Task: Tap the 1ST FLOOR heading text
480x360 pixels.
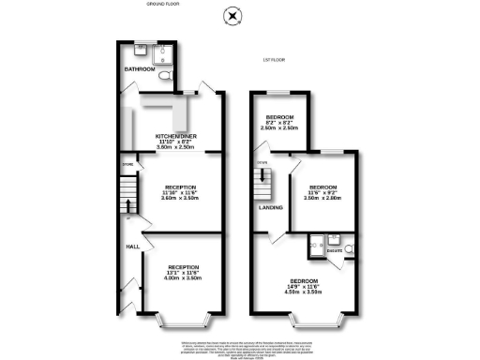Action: coord(273,62)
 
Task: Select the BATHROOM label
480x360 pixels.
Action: coord(140,68)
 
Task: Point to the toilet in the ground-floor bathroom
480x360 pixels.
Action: coord(163,74)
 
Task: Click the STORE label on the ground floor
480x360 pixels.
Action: coord(127,167)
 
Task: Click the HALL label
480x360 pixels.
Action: coord(132,247)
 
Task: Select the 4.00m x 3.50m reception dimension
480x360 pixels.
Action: coord(183,277)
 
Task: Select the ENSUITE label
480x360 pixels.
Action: coord(334,250)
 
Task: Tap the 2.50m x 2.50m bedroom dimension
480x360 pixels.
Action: coord(279,127)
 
